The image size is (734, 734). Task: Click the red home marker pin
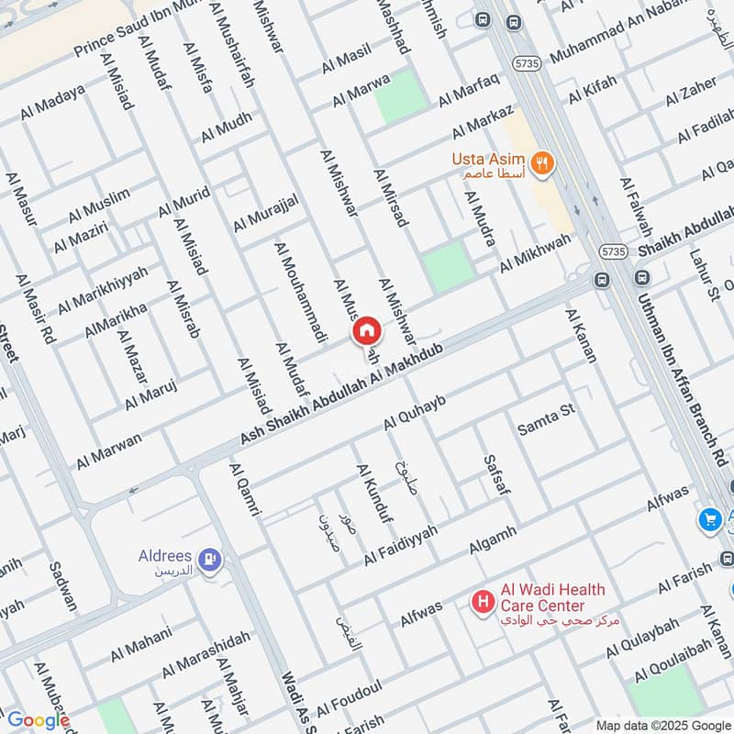pyautogui.click(x=367, y=330)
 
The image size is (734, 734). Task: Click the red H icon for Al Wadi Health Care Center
pyautogui.click(x=481, y=603)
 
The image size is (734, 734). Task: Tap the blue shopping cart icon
pyautogui.click(x=708, y=519)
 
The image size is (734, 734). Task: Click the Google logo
pyautogui.click(x=37, y=720)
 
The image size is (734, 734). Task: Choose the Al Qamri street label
pyautogui.click(x=244, y=490)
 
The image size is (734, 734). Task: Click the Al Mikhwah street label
pyautogui.click(x=534, y=252)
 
